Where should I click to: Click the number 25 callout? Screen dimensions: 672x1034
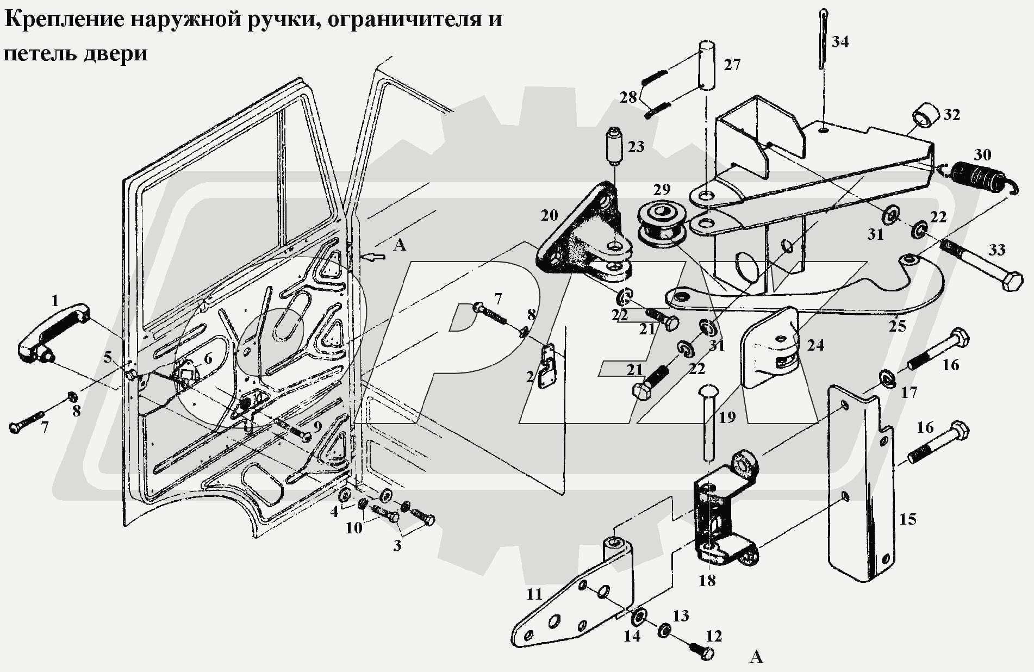[x=897, y=326]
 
